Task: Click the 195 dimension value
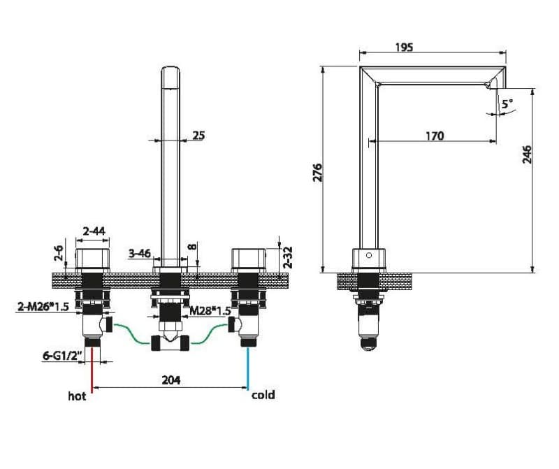(404, 47)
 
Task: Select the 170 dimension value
(435, 136)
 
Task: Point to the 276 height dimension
(317, 173)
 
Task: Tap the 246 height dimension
(527, 154)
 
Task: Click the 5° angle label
(507, 103)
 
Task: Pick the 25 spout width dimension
(198, 136)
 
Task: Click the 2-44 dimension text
(94, 231)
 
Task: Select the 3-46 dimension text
(139, 253)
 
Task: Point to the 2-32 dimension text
(288, 257)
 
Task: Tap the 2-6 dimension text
(59, 253)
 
